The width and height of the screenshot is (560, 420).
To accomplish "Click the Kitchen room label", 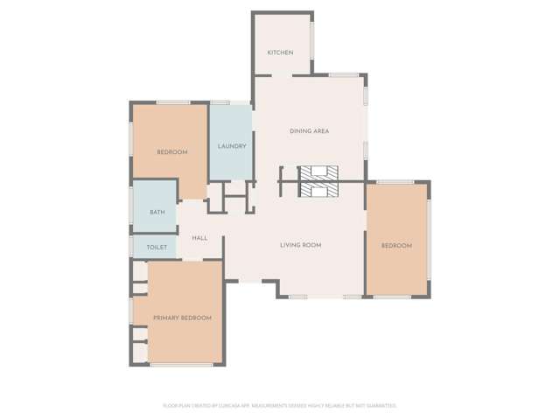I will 280,52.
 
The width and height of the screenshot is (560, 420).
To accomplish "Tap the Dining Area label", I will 309,131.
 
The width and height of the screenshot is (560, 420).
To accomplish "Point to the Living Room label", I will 300,245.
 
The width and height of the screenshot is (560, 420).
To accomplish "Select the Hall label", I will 199,238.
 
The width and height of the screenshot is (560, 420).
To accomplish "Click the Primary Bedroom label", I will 182,318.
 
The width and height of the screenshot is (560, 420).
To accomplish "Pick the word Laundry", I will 232,146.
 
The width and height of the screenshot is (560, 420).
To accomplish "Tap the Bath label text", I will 157,213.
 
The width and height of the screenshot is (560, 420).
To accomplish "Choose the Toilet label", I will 157,248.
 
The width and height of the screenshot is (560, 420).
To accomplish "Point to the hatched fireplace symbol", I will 318,180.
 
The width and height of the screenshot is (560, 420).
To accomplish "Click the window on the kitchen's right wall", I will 311,39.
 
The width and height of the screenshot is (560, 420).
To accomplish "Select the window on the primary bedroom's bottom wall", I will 181,364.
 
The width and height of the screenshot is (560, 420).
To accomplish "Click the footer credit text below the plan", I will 280,405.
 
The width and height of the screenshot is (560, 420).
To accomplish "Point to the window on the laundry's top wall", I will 220,103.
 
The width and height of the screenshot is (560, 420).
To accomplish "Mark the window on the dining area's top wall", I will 344,75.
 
